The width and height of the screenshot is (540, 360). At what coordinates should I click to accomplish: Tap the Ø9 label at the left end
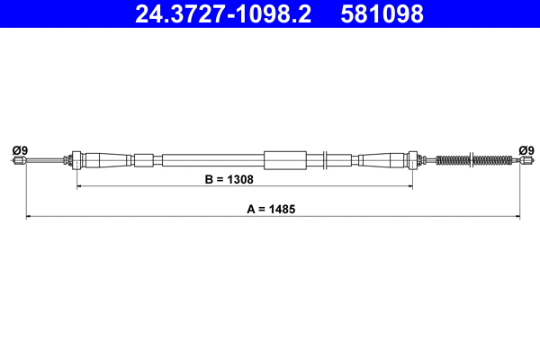[20, 149]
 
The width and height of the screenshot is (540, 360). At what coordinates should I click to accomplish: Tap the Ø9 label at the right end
[526, 149]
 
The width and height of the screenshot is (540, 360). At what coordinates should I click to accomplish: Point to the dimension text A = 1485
[271, 209]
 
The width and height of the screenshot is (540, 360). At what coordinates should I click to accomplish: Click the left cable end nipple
[18, 161]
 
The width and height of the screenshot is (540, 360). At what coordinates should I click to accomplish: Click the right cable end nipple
[524, 161]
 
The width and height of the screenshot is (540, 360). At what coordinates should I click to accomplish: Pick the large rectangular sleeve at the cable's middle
[285, 161]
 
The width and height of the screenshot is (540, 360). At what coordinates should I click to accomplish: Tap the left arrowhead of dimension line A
[29, 217]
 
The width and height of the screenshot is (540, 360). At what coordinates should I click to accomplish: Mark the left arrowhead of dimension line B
[80, 187]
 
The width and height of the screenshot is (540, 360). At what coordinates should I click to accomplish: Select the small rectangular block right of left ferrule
[144, 161]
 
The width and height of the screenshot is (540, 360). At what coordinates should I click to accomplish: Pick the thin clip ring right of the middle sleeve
[325, 161]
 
